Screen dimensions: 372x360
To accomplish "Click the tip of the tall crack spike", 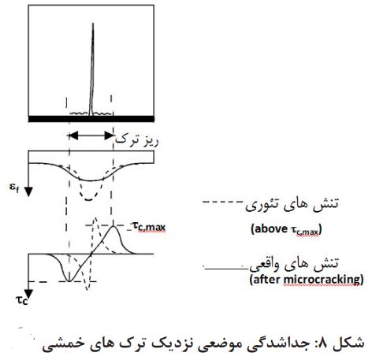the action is [93, 24].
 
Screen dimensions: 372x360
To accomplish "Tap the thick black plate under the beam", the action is [91, 119].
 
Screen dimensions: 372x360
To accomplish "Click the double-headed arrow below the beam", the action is [91, 135].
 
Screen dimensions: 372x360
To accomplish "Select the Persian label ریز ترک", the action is [137, 141].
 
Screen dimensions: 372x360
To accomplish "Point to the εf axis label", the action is [14, 187].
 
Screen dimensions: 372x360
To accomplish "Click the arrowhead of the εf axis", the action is [28, 191].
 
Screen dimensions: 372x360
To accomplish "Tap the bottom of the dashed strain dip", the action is [89, 200].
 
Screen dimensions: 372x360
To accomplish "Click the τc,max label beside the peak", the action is [149, 226].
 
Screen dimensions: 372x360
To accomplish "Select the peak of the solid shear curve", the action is [113, 226].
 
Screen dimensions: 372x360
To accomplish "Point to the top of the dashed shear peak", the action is [95, 218].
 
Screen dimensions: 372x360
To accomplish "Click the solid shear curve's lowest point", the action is [69, 282].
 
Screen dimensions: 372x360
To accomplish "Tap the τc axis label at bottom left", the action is [21, 300].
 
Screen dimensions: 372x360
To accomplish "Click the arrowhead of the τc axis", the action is [28, 294].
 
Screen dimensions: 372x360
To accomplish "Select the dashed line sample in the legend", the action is [223, 202].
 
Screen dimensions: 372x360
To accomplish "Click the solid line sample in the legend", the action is [226, 269].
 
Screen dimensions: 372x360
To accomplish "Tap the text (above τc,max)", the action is [286, 229].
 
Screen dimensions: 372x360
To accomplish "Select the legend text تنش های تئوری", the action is [292, 205].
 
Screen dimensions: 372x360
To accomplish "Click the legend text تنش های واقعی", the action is [294, 265].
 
